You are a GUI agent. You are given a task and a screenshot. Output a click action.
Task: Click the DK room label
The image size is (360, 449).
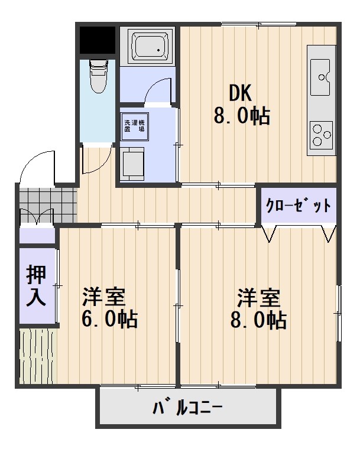click(241, 93)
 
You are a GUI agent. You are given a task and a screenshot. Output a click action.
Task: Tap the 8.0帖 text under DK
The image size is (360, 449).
click(241, 115)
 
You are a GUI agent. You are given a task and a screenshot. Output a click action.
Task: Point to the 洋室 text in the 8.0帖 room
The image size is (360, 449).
click(258, 295)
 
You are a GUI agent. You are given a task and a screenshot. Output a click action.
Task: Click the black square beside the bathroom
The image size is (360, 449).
click(97, 40)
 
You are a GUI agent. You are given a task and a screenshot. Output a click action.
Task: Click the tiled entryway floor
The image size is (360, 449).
click(47, 203)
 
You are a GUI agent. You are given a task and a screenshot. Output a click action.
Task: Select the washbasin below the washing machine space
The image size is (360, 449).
click(134, 163)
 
